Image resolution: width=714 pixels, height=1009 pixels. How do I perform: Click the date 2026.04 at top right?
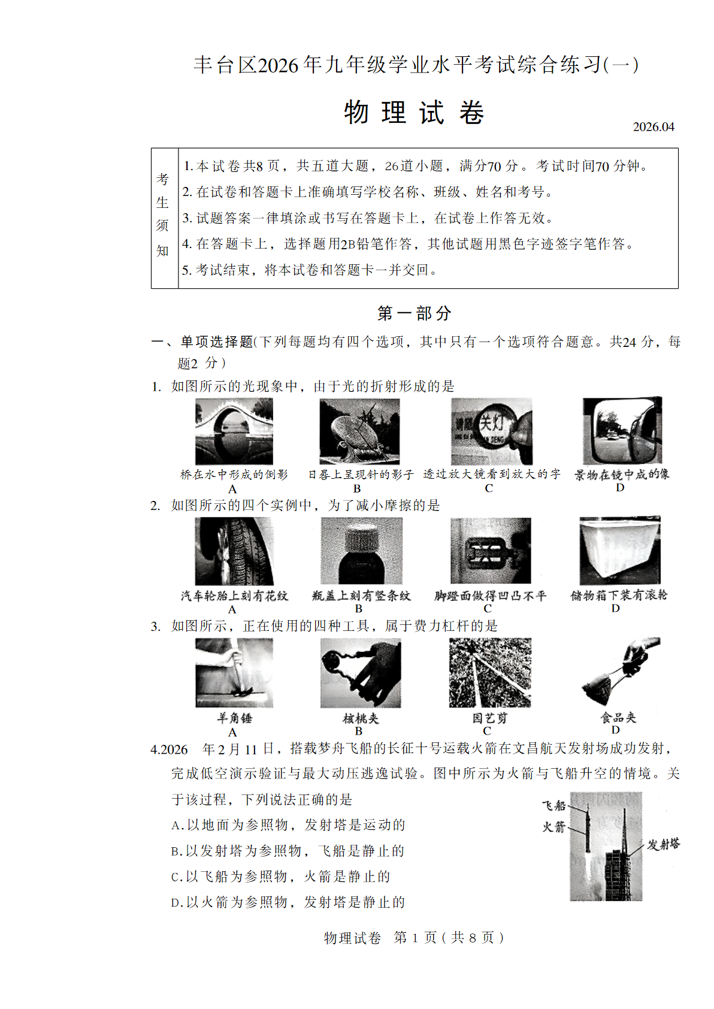(654, 127)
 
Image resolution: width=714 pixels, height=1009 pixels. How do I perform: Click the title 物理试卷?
(414, 113)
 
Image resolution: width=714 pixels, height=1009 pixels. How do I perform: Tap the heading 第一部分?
(414, 313)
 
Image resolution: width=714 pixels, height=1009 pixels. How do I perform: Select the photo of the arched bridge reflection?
(234, 431)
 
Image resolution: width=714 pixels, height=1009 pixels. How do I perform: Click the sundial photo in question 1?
(359, 431)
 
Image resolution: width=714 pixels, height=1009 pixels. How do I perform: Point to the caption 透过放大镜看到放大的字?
(491, 474)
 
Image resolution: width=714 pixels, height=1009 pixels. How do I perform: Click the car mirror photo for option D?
(622, 430)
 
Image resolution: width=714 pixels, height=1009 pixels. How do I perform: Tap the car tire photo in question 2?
(234, 551)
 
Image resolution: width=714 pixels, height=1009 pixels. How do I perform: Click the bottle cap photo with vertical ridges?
(361, 551)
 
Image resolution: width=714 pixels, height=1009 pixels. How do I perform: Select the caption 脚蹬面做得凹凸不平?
(490, 596)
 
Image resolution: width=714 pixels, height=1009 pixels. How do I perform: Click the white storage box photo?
(619, 550)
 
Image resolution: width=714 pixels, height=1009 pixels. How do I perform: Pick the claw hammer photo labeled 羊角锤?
(234, 672)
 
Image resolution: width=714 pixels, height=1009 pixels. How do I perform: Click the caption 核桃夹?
(361, 718)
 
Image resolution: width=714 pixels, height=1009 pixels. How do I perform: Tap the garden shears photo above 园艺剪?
(489, 672)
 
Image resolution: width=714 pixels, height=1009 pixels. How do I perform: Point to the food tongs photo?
(620, 672)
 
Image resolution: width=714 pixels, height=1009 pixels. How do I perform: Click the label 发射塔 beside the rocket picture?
(663, 844)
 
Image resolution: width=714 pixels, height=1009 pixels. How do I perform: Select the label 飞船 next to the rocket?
(553, 805)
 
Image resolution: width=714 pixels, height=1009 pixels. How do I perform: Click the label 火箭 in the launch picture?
(553, 827)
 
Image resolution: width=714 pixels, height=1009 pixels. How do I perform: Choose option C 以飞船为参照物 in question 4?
(281, 877)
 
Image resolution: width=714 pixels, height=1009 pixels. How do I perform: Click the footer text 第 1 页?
(415, 937)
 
